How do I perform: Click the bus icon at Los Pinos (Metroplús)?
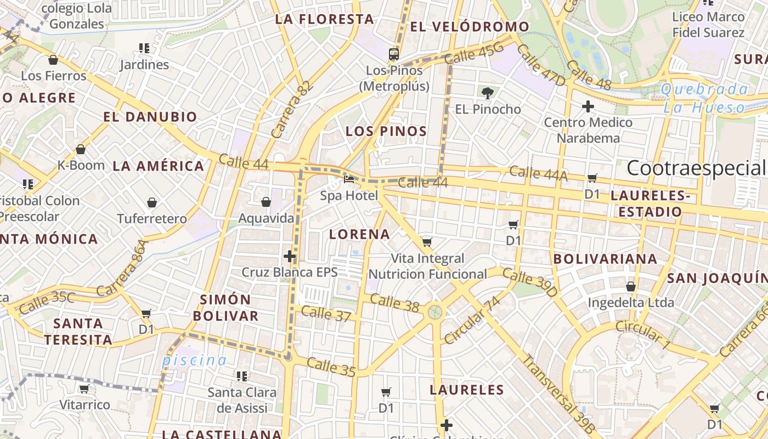click(393, 54)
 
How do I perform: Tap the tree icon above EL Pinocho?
click(487, 93)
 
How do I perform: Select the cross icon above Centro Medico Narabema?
click(588, 106)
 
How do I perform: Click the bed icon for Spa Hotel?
click(349, 179)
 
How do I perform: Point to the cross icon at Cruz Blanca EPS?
click(290, 256)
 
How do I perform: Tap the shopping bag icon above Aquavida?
click(266, 202)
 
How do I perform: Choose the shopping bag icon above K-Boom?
click(81, 149)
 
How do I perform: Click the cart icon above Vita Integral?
click(427, 242)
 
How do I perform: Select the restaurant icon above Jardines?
click(144, 48)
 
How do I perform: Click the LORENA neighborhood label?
click(360, 234)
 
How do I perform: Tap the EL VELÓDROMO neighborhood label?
click(470, 26)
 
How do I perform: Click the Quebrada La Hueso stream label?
click(705, 98)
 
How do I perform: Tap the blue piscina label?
click(194, 361)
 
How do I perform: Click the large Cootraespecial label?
click(696, 168)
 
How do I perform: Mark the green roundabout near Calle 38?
click(435, 312)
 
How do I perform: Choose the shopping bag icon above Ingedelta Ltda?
click(631, 286)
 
